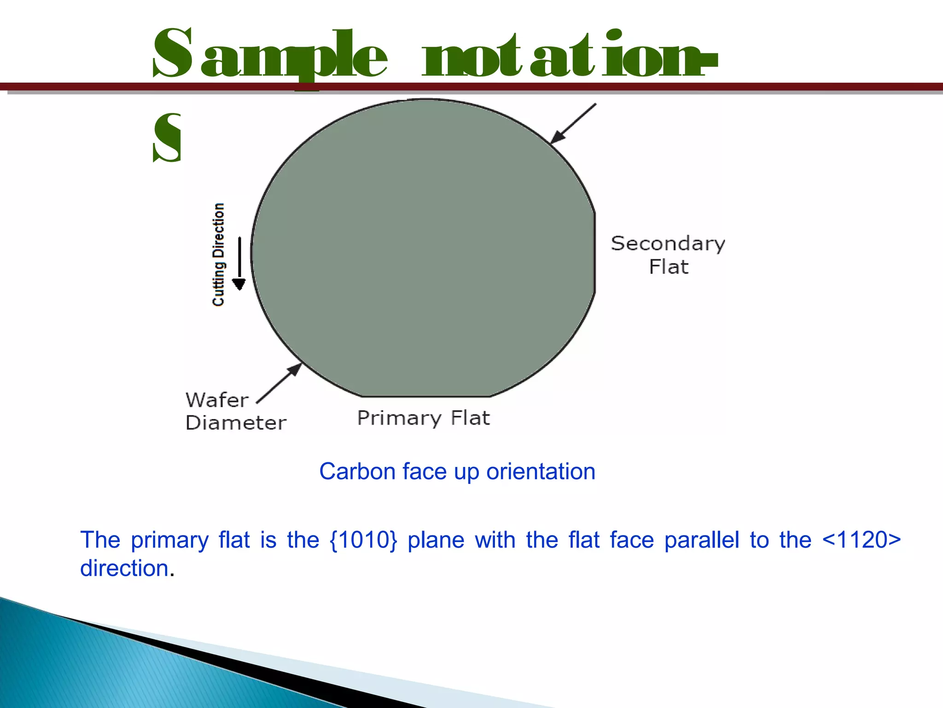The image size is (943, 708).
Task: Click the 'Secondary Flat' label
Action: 668,255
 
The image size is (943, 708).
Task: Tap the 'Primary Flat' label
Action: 423,418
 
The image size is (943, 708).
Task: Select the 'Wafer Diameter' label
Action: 235,411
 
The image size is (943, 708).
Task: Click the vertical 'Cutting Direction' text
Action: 218,254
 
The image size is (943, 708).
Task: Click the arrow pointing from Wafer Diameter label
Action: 279,383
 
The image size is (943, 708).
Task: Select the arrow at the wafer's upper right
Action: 573,124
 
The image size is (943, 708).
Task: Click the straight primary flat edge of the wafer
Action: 426,396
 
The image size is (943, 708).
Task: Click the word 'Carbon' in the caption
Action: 357,472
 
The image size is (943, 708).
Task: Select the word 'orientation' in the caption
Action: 541,472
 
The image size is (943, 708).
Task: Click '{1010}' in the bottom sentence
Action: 363,540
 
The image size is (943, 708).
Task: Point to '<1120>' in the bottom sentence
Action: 861,540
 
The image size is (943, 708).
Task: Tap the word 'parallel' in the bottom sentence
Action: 701,540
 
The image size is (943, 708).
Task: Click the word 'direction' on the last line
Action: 124,568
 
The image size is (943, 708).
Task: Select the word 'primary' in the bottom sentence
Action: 169,541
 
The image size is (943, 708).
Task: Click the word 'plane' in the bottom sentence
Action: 436,541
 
